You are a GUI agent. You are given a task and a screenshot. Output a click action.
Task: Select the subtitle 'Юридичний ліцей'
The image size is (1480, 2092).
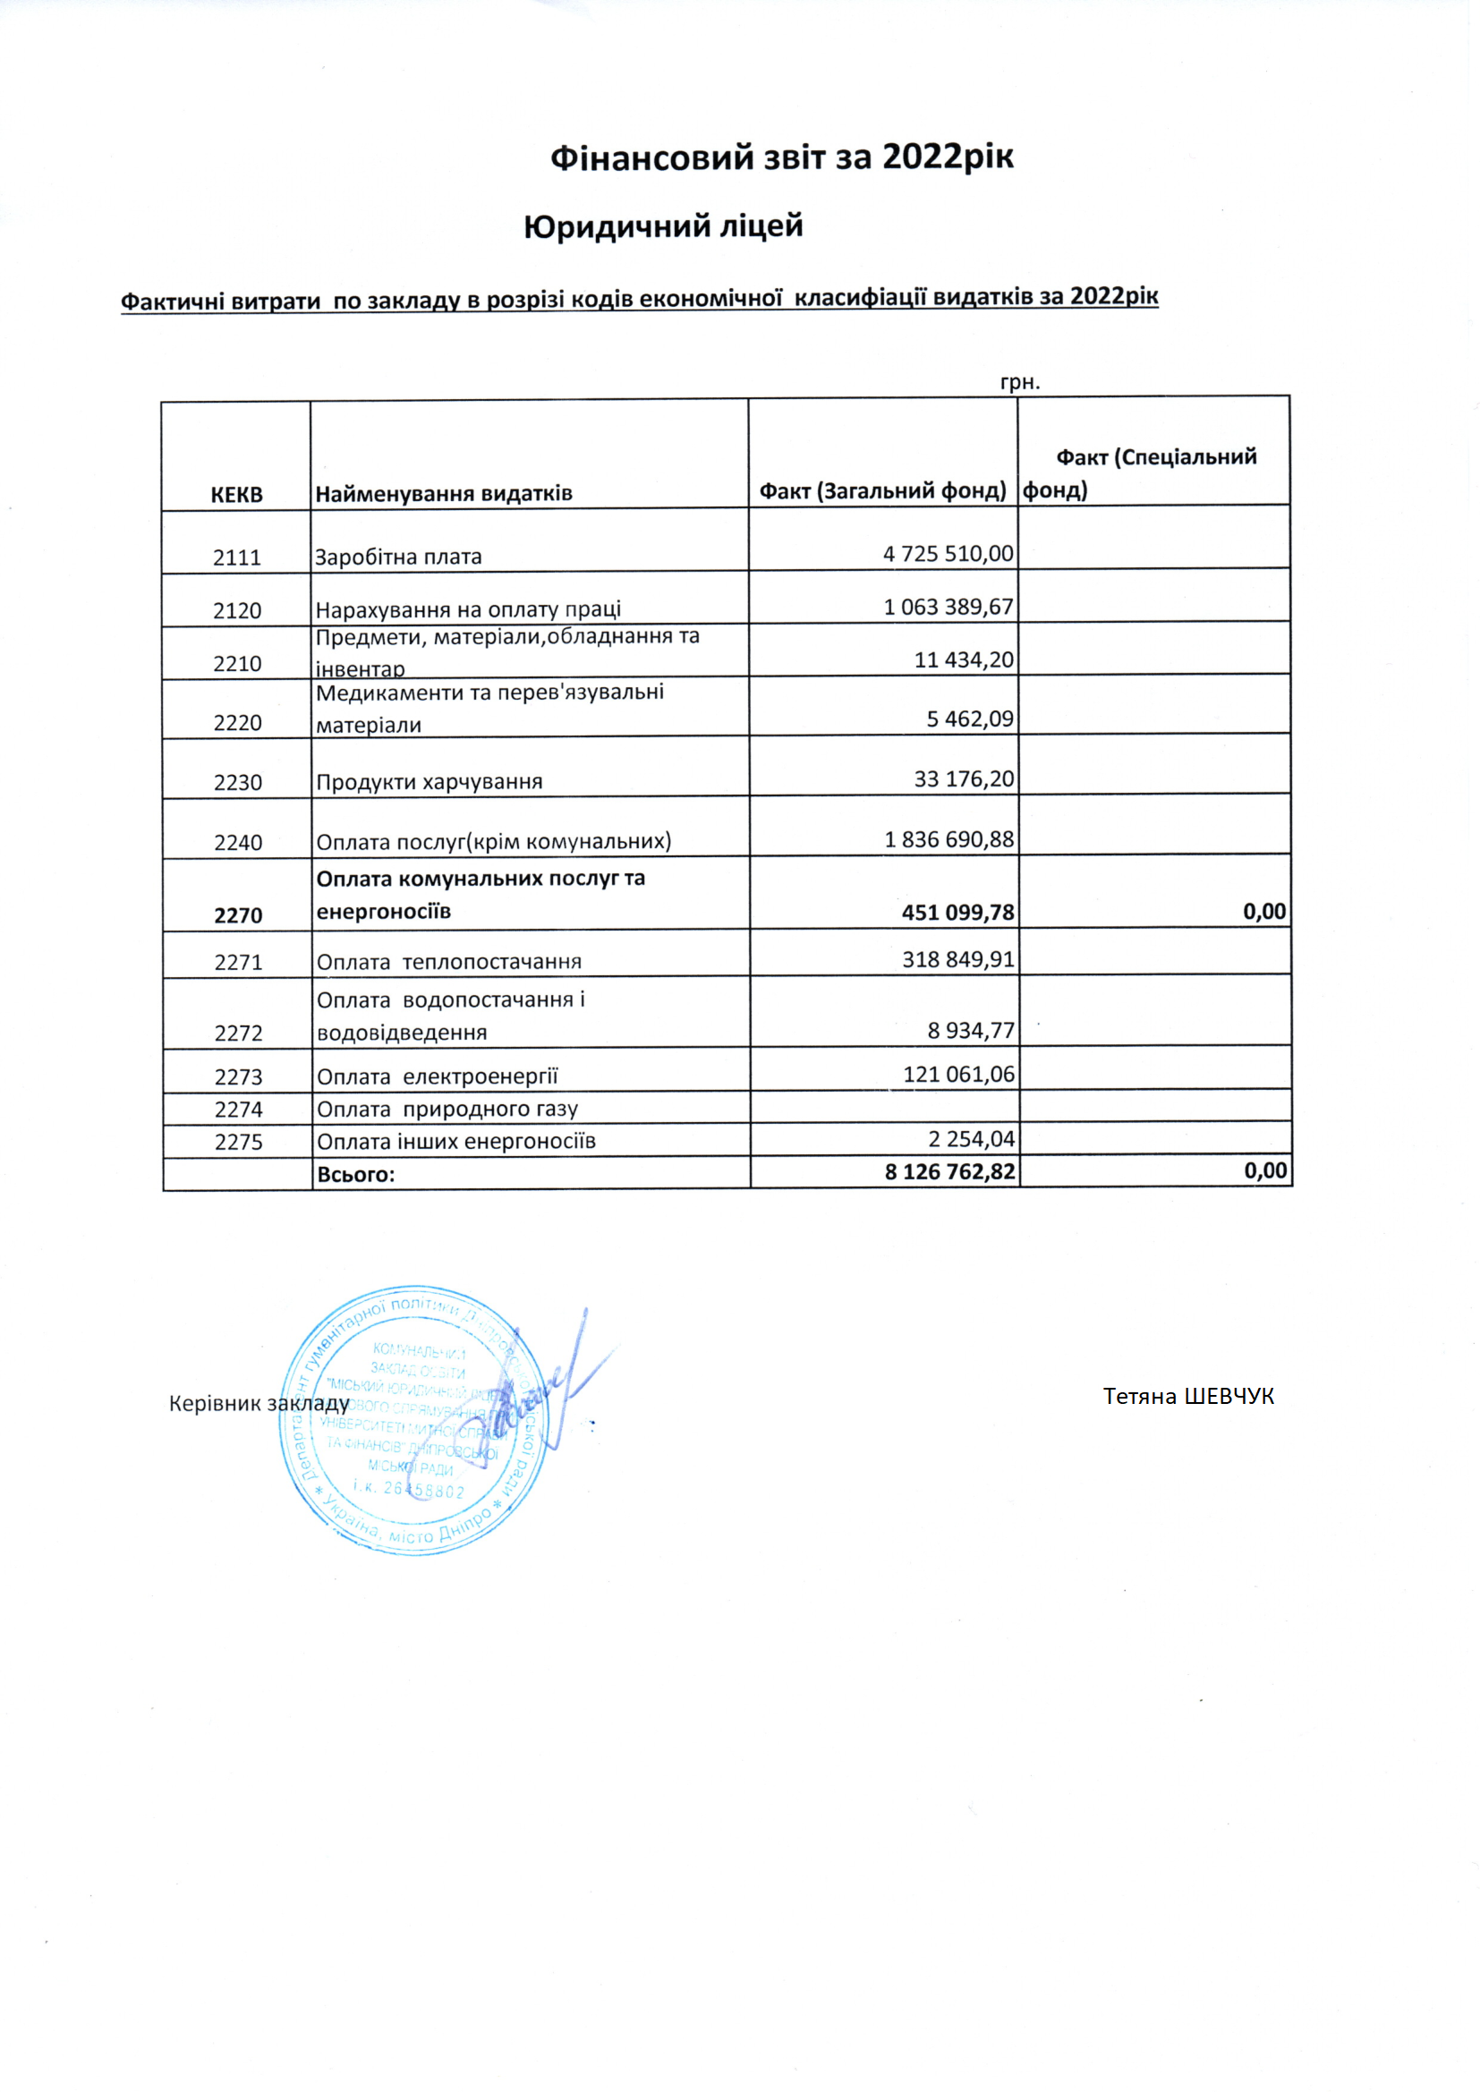click(x=663, y=226)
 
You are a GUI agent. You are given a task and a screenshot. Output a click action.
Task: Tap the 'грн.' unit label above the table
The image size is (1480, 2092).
click(x=1020, y=382)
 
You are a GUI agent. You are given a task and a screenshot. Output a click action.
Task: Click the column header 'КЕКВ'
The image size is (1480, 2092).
click(x=236, y=495)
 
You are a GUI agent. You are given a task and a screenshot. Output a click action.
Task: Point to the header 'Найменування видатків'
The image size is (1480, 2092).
click(x=444, y=494)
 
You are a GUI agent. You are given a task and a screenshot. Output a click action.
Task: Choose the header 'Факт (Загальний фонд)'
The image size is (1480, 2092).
click(x=882, y=491)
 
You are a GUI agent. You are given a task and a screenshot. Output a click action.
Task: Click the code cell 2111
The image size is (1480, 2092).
click(x=237, y=557)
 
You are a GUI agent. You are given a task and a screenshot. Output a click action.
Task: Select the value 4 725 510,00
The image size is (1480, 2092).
click(x=948, y=554)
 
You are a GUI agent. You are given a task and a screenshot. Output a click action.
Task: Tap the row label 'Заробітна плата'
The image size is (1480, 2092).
click(x=398, y=557)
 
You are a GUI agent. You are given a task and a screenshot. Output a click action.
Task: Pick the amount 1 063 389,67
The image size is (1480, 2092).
click(x=948, y=607)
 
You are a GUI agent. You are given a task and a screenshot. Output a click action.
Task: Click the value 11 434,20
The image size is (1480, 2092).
click(x=964, y=659)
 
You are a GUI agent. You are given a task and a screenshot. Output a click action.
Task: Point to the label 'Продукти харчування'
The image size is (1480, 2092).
click(x=430, y=782)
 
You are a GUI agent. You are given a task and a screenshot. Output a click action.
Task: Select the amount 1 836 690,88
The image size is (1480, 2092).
click(x=948, y=839)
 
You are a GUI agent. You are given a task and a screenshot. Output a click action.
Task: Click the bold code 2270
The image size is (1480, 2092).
click(x=238, y=915)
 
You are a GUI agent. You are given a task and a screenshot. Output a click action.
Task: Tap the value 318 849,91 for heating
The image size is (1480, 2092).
click(x=957, y=959)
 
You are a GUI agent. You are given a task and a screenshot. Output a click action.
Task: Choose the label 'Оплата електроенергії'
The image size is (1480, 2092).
click(x=438, y=1076)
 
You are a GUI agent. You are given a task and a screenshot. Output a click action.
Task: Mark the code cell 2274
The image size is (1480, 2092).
click(x=238, y=1109)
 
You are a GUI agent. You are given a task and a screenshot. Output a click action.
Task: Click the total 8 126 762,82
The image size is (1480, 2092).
click(x=949, y=1172)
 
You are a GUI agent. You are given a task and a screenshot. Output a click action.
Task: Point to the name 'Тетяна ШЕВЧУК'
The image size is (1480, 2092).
click(x=1188, y=1397)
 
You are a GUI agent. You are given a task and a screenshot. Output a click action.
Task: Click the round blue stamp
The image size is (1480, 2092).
click(x=414, y=1421)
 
